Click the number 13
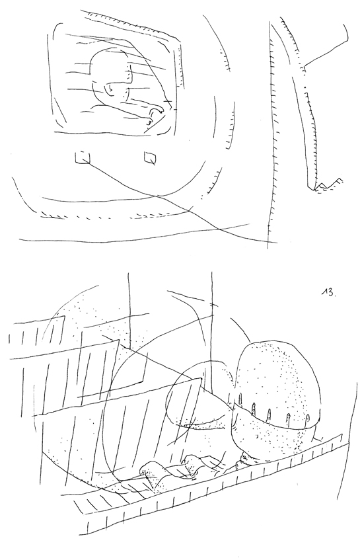(x=328, y=292)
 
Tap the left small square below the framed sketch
(x=83, y=157)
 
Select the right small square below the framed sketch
(x=150, y=157)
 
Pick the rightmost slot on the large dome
(x=308, y=420)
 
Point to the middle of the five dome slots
(x=270, y=414)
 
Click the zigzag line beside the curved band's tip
(x=330, y=183)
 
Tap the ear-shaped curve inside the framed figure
(x=110, y=90)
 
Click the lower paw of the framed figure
(x=149, y=122)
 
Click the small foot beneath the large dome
(x=246, y=459)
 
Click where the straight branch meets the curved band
(x=304, y=67)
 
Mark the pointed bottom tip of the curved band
(x=313, y=188)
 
